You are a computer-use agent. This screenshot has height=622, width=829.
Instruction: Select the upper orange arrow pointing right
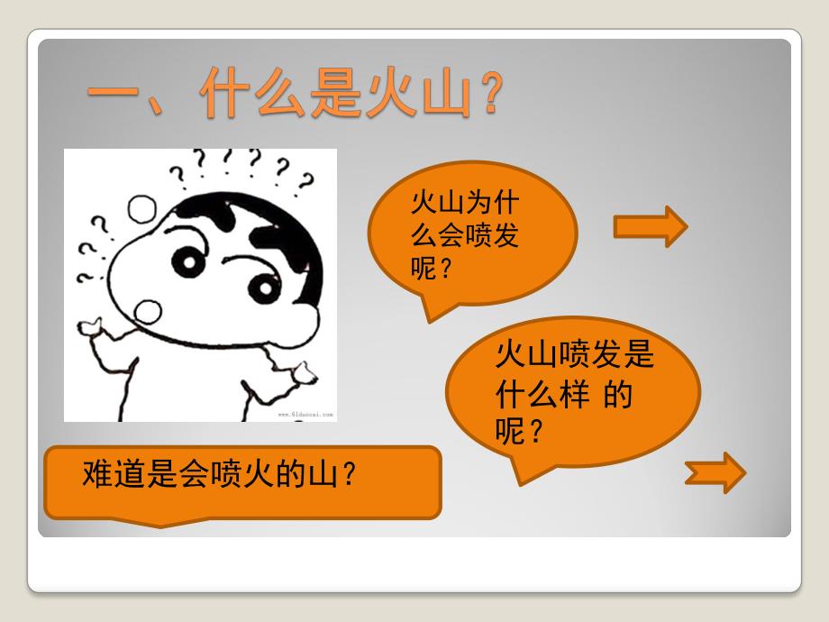[x=651, y=225]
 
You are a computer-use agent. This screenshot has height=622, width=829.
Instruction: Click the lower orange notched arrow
[x=716, y=472]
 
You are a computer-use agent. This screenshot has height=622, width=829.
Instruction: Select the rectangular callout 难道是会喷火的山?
[x=243, y=481]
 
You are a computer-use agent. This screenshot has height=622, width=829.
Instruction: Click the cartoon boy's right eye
[x=263, y=288]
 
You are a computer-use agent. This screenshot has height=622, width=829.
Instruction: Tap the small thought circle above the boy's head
[x=141, y=209]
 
